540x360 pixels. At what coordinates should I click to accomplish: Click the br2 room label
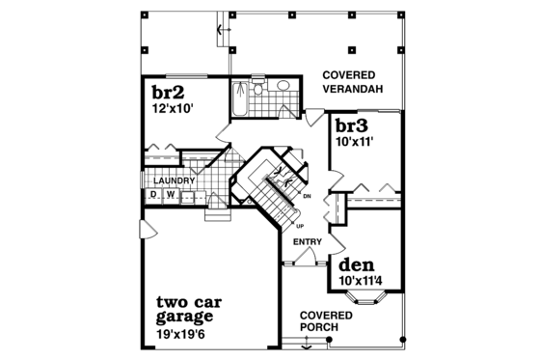tap(168, 93)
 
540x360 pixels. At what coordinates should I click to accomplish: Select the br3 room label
tap(352, 125)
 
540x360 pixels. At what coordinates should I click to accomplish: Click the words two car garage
tap(186, 308)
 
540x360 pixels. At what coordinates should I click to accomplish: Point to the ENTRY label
tap(307, 242)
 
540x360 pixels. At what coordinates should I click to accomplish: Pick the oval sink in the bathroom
tap(285, 87)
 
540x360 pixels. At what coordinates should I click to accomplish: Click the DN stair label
tap(306, 198)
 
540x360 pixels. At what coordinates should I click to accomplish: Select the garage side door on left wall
tap(142, 229)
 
